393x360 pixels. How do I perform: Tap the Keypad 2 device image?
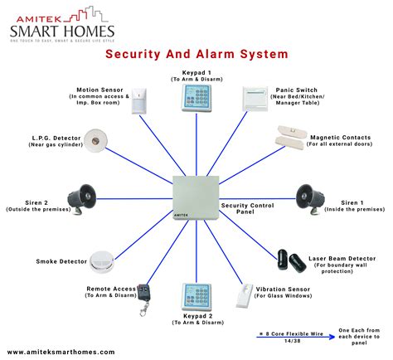coord(196,299)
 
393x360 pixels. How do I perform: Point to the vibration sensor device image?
coord(248,294)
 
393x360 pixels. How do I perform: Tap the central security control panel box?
coord(196,200)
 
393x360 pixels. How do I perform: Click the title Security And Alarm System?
coord(196,54)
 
